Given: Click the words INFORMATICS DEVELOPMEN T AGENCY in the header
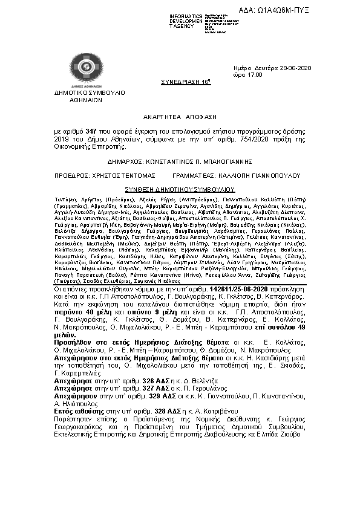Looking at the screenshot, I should pos(186,21).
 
